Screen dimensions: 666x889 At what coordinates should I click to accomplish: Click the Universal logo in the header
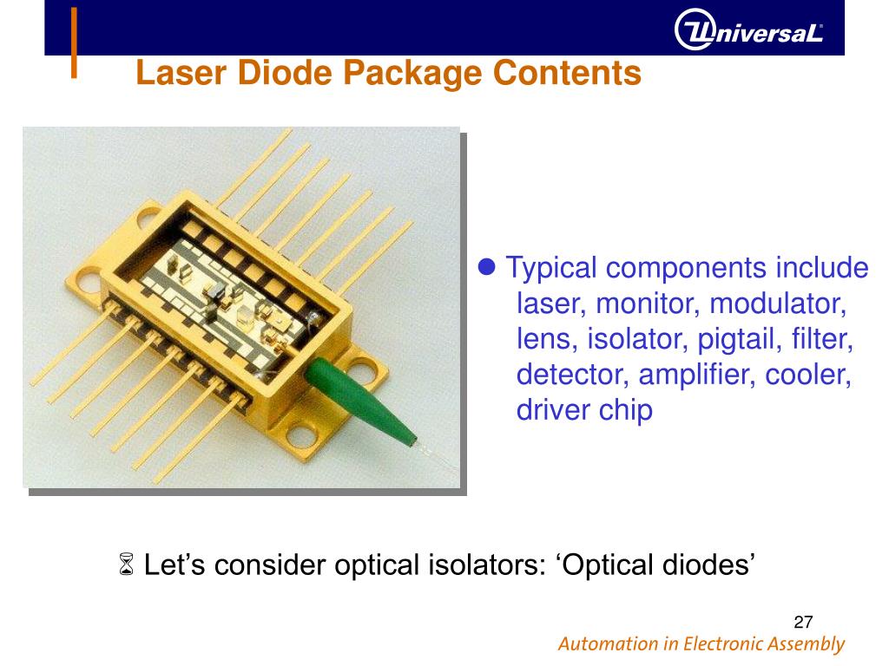pos(747,33)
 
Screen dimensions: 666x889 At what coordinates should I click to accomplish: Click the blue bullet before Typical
pos(487,266)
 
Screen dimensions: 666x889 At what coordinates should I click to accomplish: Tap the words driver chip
pos(583,408)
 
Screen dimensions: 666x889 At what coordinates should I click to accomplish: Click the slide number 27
pos(803,622)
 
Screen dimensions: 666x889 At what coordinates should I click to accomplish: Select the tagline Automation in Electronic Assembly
pos(701,644)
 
